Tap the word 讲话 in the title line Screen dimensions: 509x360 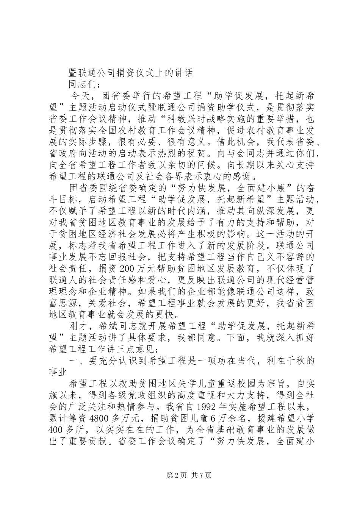[183, 73]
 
